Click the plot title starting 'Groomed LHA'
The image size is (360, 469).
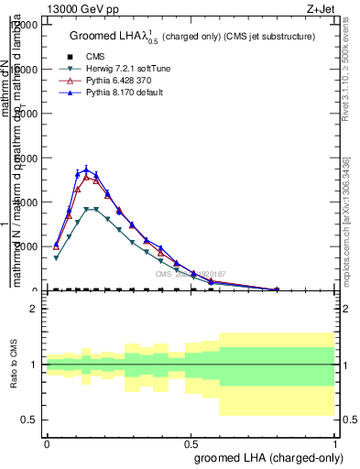pyautogui.click(x=192, y=37)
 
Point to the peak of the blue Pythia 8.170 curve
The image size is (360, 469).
pyautogui.click(x=86, y=169)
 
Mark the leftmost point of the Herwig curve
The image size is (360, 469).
pyautogui.click(x=56, y=258)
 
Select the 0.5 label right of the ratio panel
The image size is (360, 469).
pyautogui.click(x=34, y=420)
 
